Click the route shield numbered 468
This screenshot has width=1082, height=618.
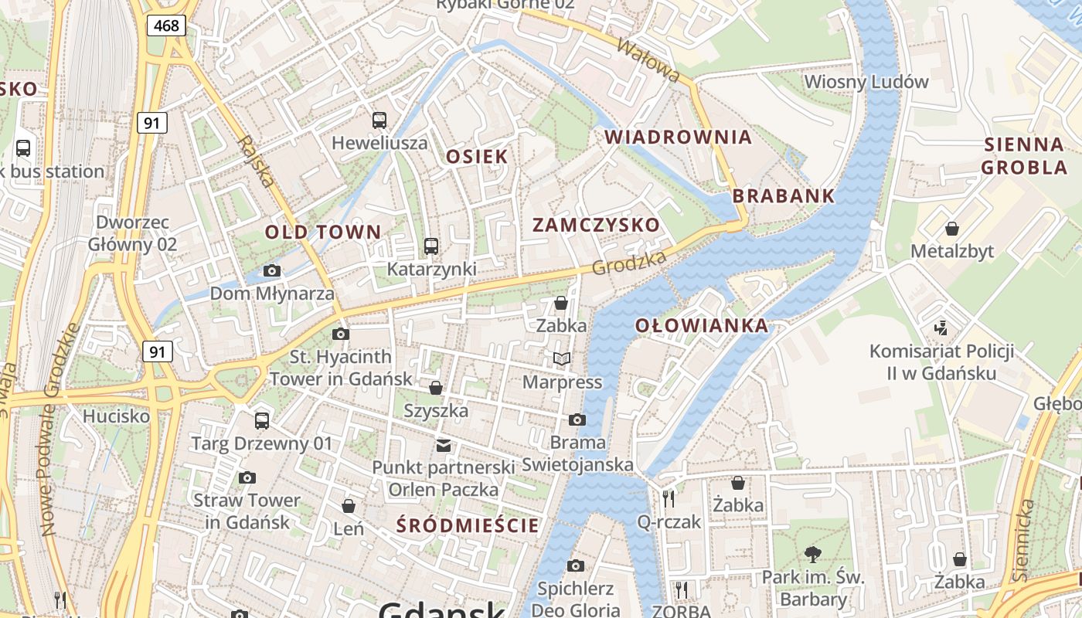pos(166,25)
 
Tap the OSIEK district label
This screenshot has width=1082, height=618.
pos(478,157)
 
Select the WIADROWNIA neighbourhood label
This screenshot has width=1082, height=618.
pos(678,138)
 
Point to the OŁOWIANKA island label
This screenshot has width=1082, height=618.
pos(702,326)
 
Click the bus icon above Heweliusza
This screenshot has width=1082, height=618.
pos(379,121)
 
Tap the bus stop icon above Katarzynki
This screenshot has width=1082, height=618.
pos(431,246)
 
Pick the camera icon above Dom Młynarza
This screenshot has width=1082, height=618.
pos(271,270)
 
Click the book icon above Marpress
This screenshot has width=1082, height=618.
pos(562,359)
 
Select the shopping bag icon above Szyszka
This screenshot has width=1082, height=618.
pos(436,388)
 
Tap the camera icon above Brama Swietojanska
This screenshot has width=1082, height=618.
pos(577,420)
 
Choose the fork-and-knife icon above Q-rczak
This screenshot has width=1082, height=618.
pos(669,498)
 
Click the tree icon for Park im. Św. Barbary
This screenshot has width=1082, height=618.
pos(812,553)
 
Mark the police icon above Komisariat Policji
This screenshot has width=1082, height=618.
pos(941,328)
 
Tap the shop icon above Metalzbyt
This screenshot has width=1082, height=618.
pos(952,229)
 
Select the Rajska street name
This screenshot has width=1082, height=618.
pos(256,161)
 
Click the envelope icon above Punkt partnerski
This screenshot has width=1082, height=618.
pos(444,445)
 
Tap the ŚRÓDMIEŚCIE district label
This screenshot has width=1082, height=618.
pos(467,526)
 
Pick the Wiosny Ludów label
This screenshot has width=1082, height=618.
pos(866,82)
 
